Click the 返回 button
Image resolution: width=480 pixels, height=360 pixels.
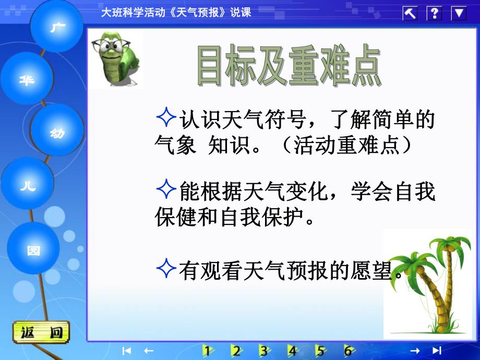click(x=41, y=332)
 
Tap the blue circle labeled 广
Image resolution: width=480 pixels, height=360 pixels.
click(x=56, y=26)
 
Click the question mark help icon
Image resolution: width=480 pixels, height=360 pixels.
click(x=434, y=13)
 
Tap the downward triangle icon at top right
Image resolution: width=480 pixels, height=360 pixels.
click(x=459, y=13)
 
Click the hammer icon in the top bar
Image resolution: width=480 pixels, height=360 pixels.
click(x=410, y=13)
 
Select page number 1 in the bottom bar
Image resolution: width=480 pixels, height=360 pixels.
click(x=209, y=351)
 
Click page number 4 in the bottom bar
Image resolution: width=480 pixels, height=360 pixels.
click(x=293, y=351)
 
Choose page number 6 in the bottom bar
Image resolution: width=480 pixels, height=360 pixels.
click(x=348, y=351)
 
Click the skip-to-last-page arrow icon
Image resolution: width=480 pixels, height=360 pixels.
click(x=437, y=351)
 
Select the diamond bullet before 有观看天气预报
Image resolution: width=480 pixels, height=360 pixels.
click(x=165, y=268)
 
